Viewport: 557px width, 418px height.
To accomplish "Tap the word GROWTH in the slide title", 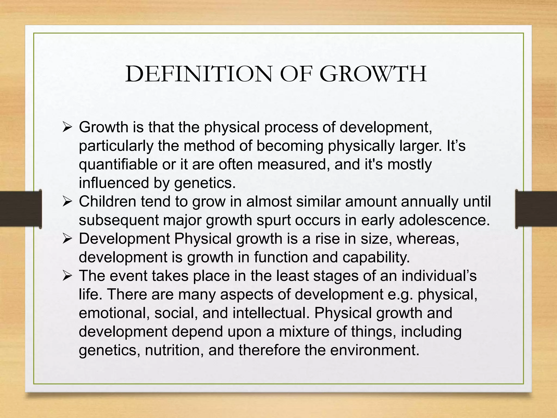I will [373, 74].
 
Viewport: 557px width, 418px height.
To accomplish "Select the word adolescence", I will [444, 220].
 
